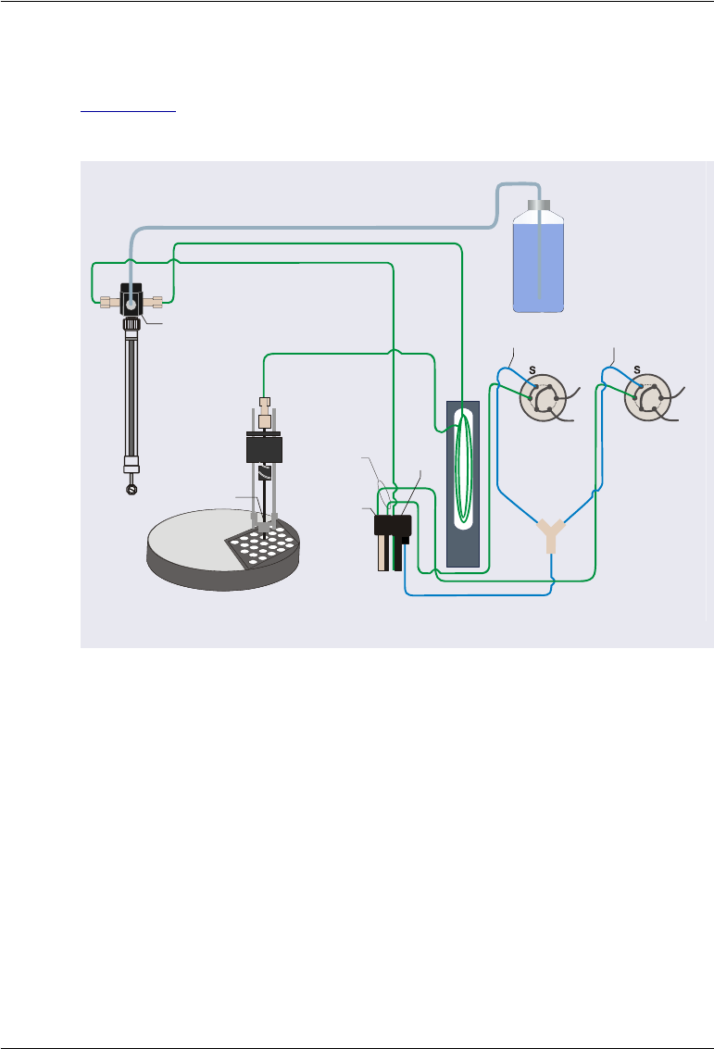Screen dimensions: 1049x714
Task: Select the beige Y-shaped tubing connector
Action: point(552,534)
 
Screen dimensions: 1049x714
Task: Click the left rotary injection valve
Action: point(544,398)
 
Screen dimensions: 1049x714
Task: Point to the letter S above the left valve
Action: point(532,369)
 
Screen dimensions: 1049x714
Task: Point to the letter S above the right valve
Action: point(636,369)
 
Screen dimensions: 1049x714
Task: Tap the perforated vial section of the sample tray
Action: point(265,547)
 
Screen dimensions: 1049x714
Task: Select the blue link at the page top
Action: point(128,108)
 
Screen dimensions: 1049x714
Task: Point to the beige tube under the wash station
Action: point(382,554)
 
